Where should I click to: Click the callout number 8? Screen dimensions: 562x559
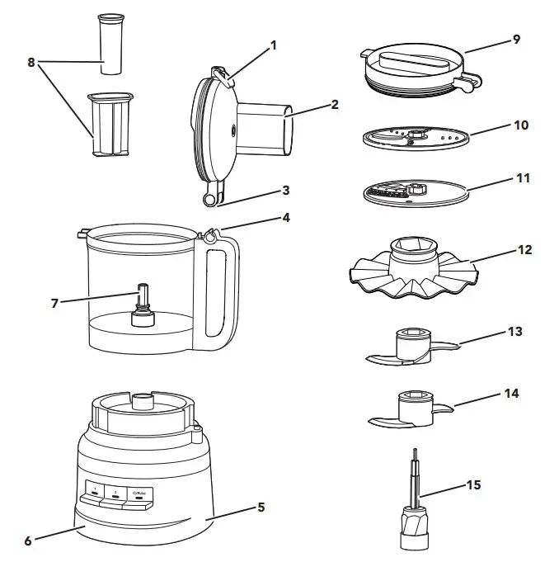click(31, 63)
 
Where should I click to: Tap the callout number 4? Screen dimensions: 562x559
click(287, 218)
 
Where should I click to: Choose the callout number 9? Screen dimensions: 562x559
click(517, 39)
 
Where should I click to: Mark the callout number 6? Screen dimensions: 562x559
click(27, 541)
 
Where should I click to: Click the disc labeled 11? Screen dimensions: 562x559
click(416, 192)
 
